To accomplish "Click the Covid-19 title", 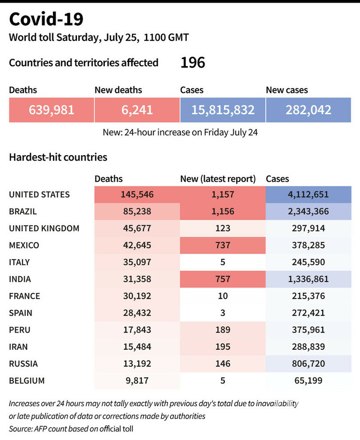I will [46, 20].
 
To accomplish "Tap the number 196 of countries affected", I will [192, 63].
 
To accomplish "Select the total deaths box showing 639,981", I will [52, 110].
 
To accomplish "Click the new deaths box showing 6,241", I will [137, 110].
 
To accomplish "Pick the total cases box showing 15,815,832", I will [223, 110].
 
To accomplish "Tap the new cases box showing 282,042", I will [308, 110].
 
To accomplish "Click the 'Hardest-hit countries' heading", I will [58, 157].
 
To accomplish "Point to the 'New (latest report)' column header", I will [218, 179].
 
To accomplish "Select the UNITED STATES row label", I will [39, 195].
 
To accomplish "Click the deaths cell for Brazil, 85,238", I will [137, 212].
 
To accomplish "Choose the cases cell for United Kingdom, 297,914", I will [308, 228].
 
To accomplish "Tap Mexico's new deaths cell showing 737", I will [223, 245].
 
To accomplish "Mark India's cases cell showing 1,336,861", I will [308, 279].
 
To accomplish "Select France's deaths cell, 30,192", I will [137, 296].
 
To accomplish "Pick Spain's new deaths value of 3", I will [223, 313].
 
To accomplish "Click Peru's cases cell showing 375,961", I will [308, 330].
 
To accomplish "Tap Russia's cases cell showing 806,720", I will [308, 364].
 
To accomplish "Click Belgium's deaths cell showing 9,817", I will [137, 380].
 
